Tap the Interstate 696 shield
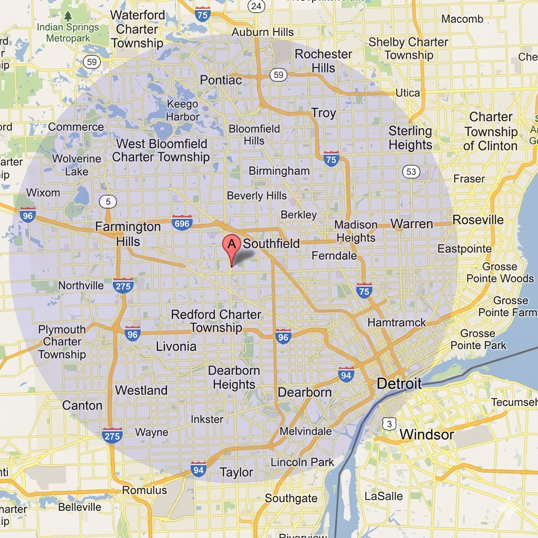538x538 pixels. (182, 223)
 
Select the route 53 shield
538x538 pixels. (411, 171)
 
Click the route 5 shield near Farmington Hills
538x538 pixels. (108, 201)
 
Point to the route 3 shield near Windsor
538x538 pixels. (389, 423)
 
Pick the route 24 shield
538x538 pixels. (256, 6)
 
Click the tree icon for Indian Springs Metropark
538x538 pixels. (68, 16)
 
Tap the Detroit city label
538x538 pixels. (399, 384)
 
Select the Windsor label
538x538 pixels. (427, 434)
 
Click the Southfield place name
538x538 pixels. (271, 244)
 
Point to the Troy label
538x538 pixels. (323, 113)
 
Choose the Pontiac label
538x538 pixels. (221, 80)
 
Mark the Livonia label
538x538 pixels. (176, 347)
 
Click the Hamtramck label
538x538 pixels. (397, 322)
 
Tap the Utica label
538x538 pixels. (408, 93)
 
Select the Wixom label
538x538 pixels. (43, 193)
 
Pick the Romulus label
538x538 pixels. (144, 490)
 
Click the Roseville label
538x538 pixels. (478, 220)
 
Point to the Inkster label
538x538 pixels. (207, 419)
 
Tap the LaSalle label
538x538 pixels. (384, 496)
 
